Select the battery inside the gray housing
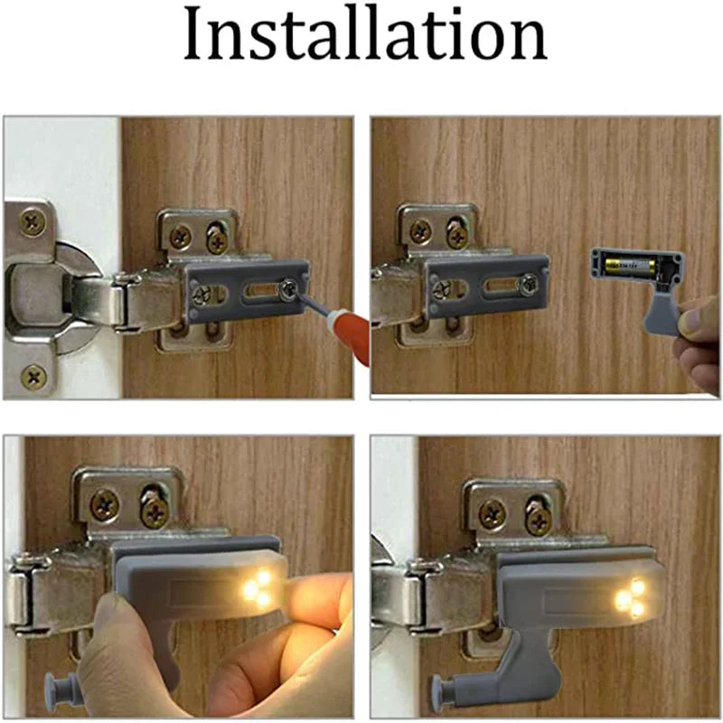pyautogui.click(x=628, y=267)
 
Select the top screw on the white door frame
pyautogui.click(x=33, y=221)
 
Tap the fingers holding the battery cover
pyautogui.click(x=697, y=334)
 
